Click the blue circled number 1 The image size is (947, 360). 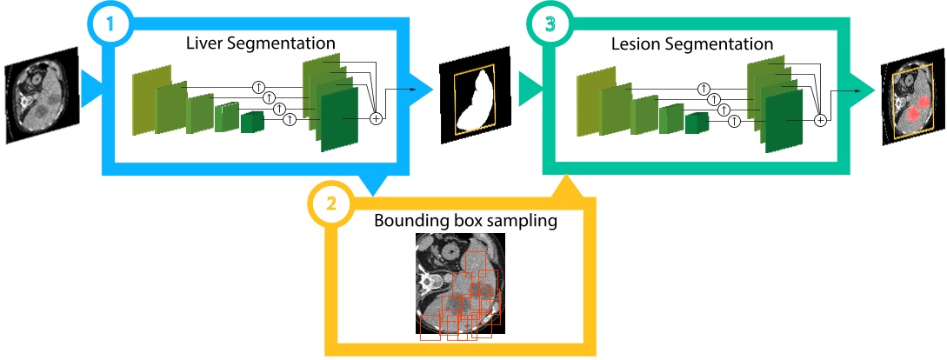(x=110, y=24)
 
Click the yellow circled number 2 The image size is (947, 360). (x=330, y=206)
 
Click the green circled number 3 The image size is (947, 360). (x=548, y=24)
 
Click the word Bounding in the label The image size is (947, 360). (x=408, y=220)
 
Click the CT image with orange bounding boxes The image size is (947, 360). (x=459, y=283)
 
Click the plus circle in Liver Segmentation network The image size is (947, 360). (x=376, y=117)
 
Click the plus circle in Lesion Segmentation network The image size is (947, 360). (x=819, y=120)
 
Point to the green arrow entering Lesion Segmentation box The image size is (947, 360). (x=529, y=88)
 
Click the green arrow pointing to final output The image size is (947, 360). (x=864, y=88)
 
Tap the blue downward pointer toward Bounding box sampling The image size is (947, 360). (x=375, y=185)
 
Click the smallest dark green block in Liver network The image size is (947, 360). (x=252, y=122)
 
